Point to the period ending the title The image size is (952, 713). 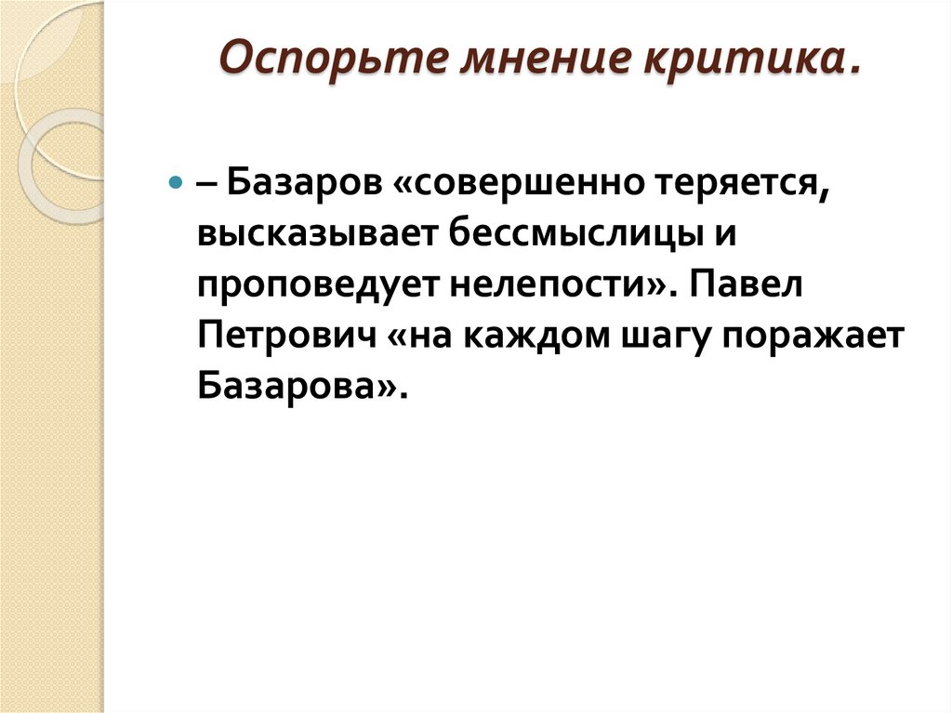850,70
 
